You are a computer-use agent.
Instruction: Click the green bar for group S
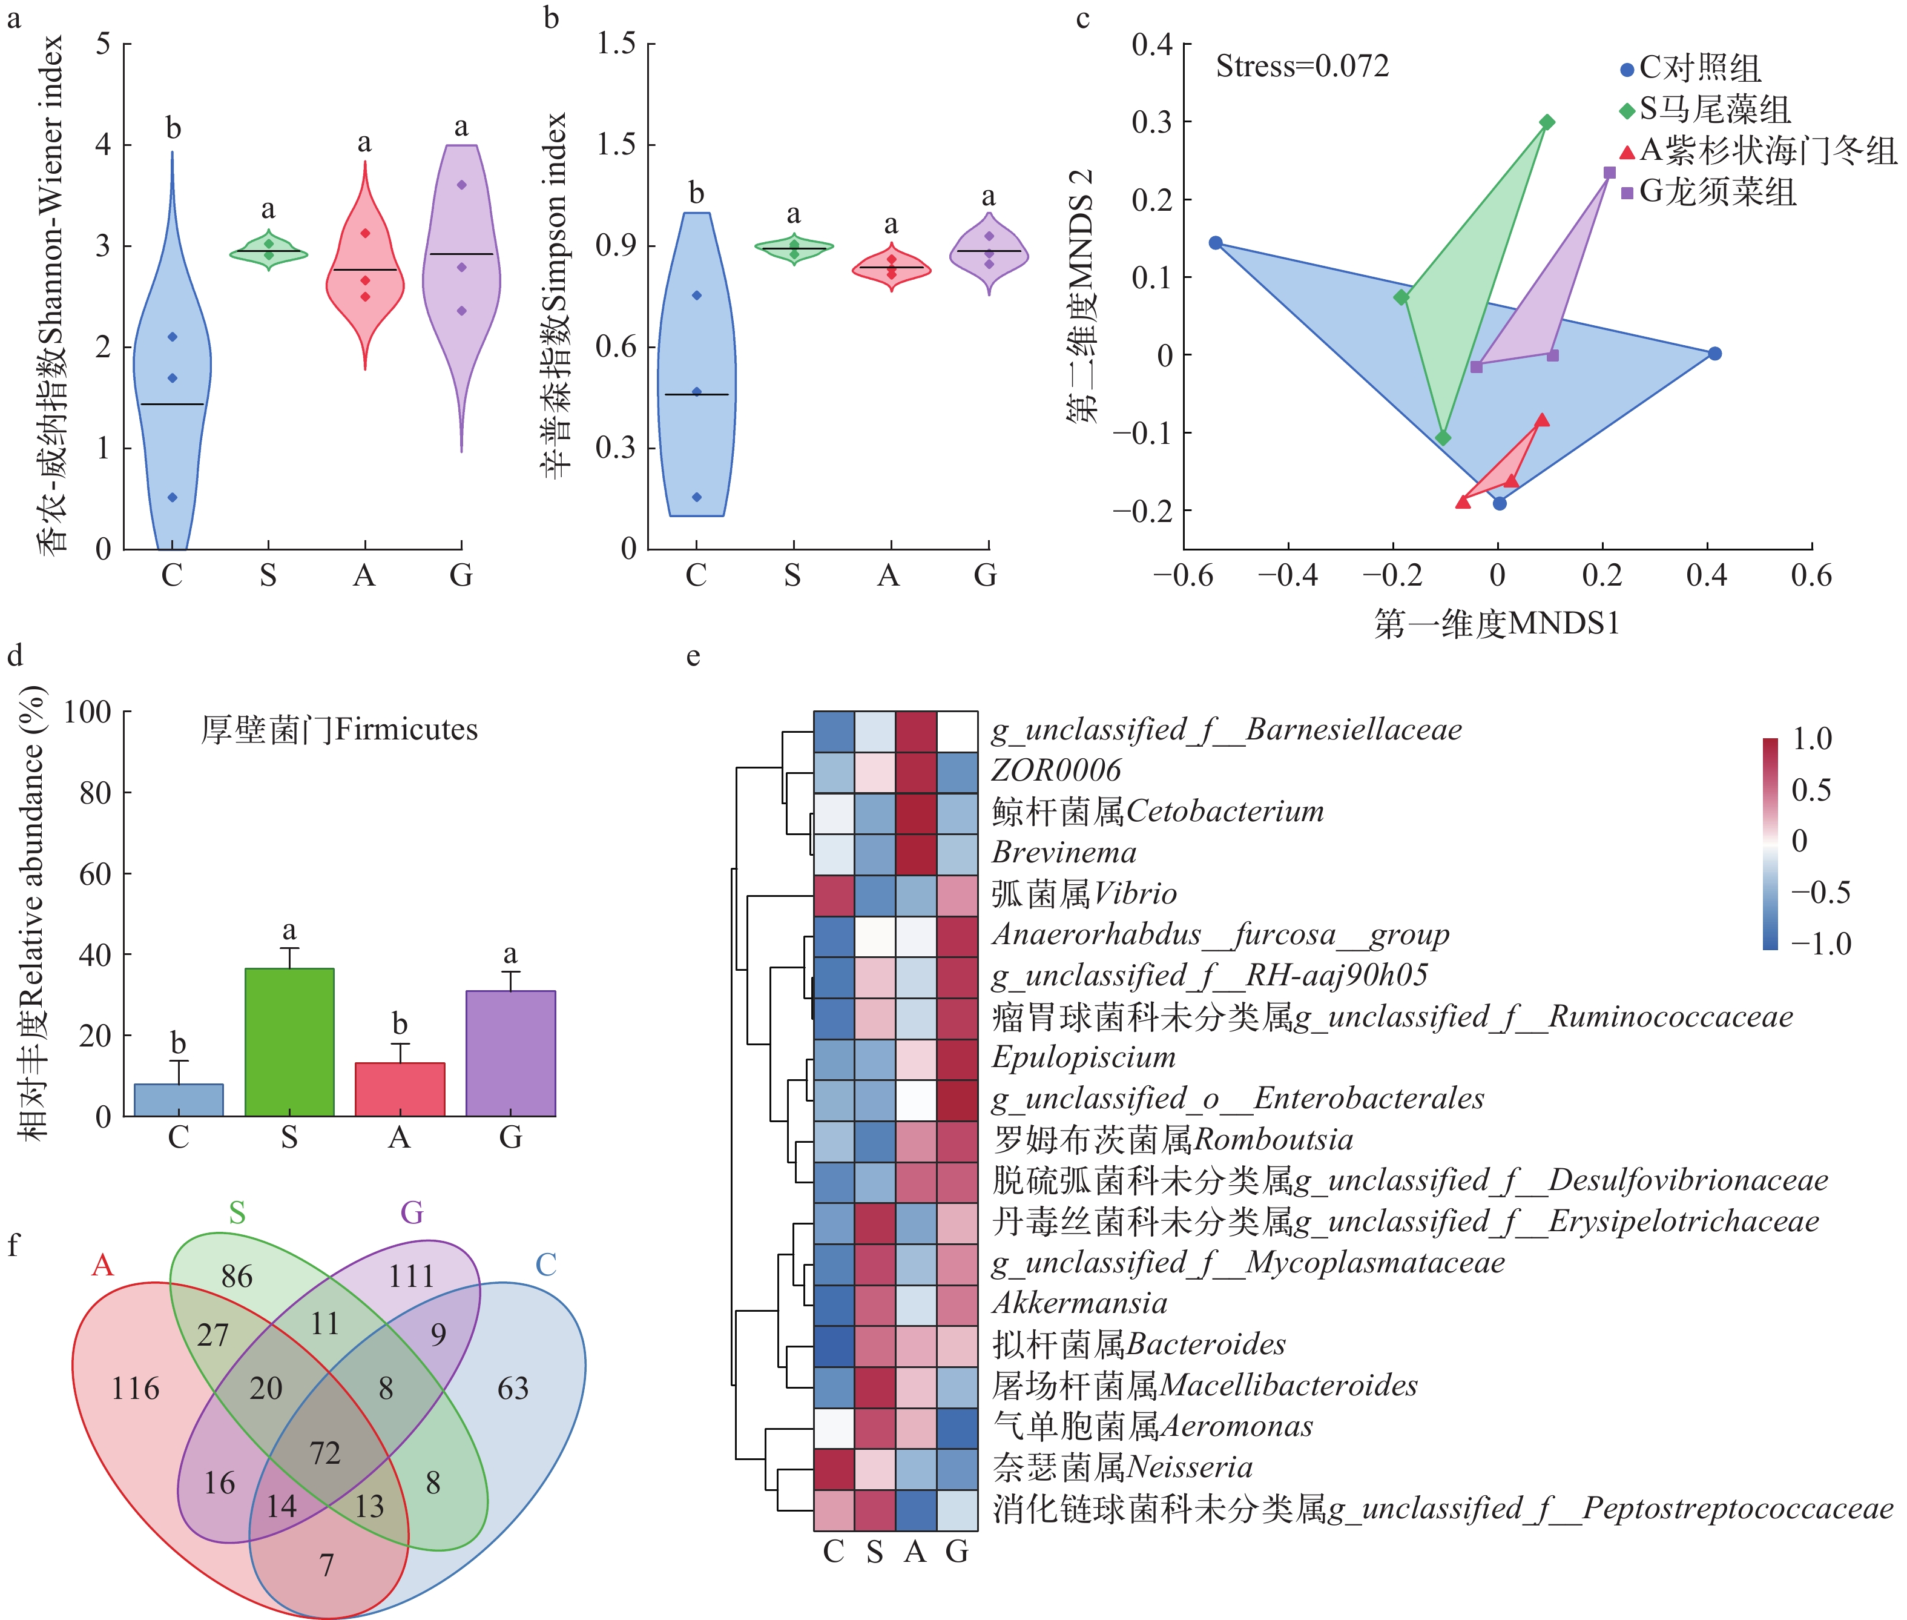289,1042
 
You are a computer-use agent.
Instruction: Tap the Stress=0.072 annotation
1302,66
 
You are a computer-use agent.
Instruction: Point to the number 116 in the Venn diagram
136,1389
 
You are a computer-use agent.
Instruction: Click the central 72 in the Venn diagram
325,1453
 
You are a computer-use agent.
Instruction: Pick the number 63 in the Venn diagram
513,1389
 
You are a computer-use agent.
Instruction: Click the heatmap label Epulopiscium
1084,1057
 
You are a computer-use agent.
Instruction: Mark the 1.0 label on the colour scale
1811,738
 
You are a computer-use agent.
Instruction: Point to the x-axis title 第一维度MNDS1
1497,624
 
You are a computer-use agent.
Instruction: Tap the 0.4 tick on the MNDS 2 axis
1151,44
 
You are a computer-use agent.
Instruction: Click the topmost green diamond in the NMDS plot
1547,122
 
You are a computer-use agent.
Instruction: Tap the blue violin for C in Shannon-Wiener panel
173,386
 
